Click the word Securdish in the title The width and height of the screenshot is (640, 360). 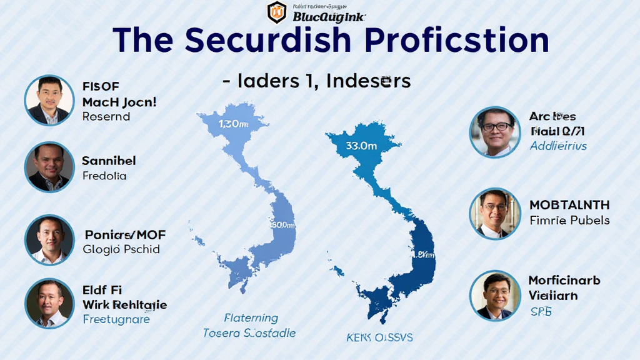pyautogui.click(x=258, y=41)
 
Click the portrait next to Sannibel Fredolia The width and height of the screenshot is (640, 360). pyautogui.click(x=49, y=167)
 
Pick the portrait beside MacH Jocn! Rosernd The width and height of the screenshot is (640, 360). pyautogui.click(x=49, y=100)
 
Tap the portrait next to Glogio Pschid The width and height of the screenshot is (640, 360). pyautogui.click(x=49, y=240)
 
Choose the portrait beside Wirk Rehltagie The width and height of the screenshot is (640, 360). pyautogui.click(x=49, y=303)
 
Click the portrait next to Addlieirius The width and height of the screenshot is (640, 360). pyautogui.click(x=494, y=131)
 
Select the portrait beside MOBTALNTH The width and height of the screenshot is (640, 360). pyautogui.click(x=494, y=213)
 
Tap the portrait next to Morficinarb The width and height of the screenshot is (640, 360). pyautogui.click(x=494, y=295)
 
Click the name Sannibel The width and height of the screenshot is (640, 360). pyautogui.click(x=109, y=161)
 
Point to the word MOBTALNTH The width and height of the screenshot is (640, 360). pyautogui.click(x=569, y=205)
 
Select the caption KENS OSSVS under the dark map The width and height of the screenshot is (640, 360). pyautogui.click(x=379, y=337)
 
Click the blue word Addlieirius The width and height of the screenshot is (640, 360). pyautogui.click(x=558, y=146)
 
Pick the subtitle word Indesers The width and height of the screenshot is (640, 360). pyautogui.click(x=362, y=81)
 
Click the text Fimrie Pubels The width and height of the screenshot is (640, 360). pyautogui.click(x=569, y=220)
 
